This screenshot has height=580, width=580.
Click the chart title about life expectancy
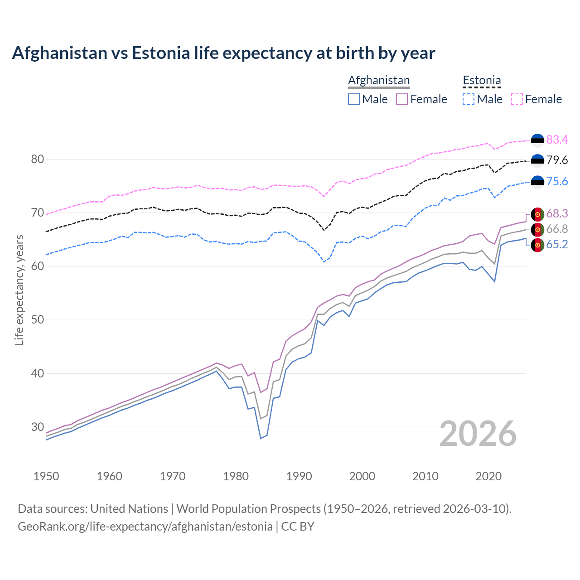click(x=223, y=53)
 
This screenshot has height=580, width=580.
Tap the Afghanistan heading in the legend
click(x=379, y=80)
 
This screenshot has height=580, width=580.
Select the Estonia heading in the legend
click(x=482, y=80)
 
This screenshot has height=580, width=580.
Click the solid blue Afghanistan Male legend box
click(x=354, y=99)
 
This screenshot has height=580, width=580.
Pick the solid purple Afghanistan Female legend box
click(x=402, y=99)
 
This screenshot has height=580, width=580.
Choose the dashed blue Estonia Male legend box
click(x=469, y=99)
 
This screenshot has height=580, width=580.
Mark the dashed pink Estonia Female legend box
click(x=517, y=99)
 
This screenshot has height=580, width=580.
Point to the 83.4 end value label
click(x=557, y=140)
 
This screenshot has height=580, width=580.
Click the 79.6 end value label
click(x=557, y=160)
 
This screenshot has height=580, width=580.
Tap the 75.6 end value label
click(x=557, y=181)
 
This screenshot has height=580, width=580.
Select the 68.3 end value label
click(x=557, y=213)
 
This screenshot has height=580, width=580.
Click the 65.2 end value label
click(x=557, y=245)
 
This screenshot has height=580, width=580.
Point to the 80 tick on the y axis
click(x=38, y=159)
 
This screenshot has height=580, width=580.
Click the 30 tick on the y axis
click(x=38, y=427)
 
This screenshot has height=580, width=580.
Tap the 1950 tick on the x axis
click(x=46, y=476)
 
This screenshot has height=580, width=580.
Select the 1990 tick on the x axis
click(x=299, y=476)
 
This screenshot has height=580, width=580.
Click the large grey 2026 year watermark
click(x=478, y=434)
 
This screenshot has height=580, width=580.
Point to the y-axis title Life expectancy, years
click(x=19, y=290)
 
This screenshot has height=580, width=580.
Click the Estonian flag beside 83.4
click(x=537, y=140)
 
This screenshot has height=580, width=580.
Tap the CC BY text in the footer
click(x=298, y=527)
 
